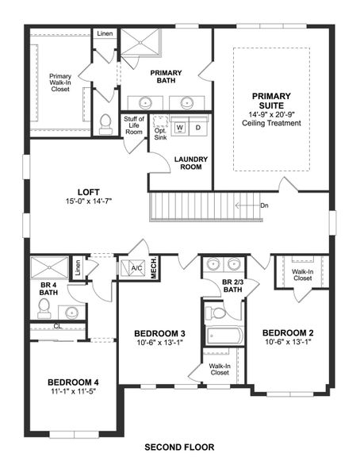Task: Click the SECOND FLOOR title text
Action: coord(179,447)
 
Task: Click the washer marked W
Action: coord(180,127)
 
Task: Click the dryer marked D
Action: coord(198,127)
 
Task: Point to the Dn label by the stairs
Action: coord(264,205)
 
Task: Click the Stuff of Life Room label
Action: coord(133,125)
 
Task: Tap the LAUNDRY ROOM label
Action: coord(190,163)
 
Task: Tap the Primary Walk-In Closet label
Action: coord(60,83)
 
